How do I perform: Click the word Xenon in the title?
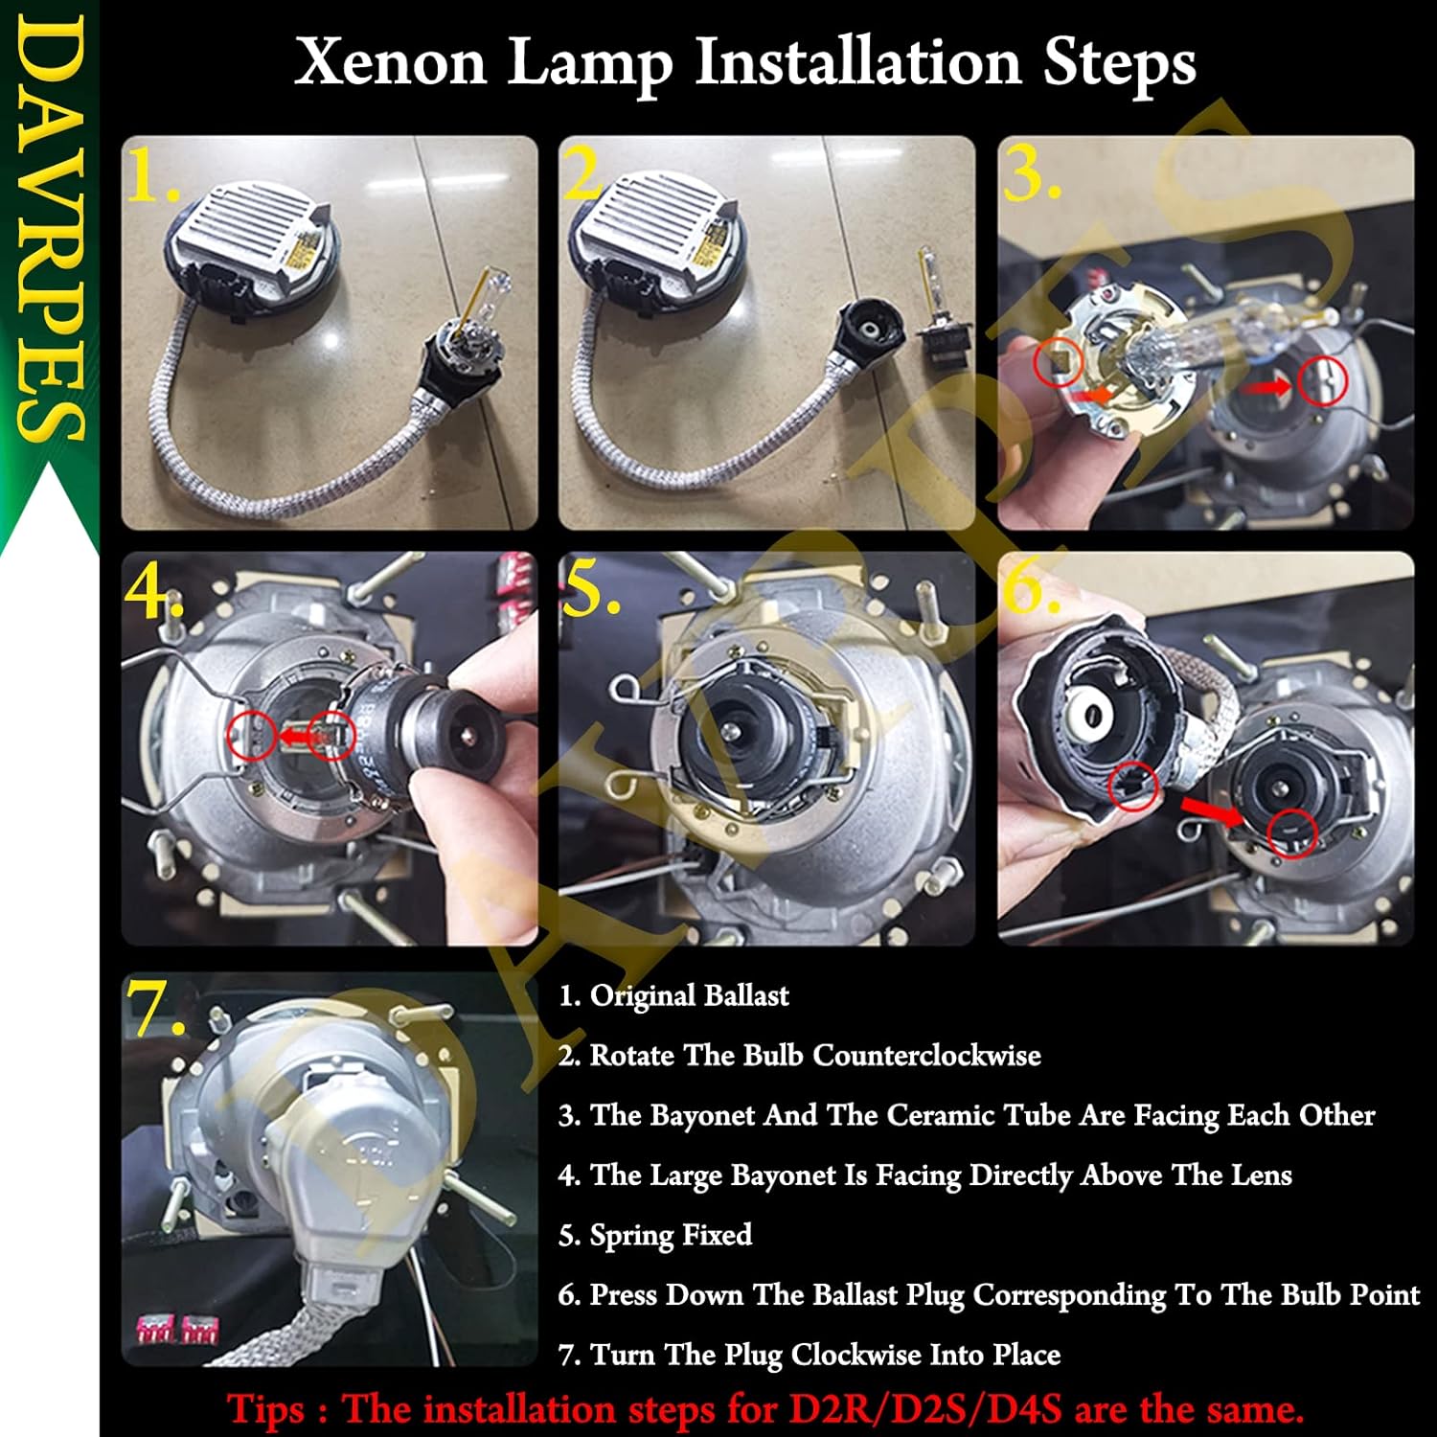pos(391,63)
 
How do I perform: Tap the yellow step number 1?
pos(148,177)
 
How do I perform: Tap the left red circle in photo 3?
pos(1059,363)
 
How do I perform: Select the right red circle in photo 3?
pos(1323,380)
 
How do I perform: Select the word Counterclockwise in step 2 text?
pos(926,1056)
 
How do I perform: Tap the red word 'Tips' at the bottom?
pos(266,1409)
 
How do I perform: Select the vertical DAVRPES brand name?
pos(48,230)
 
